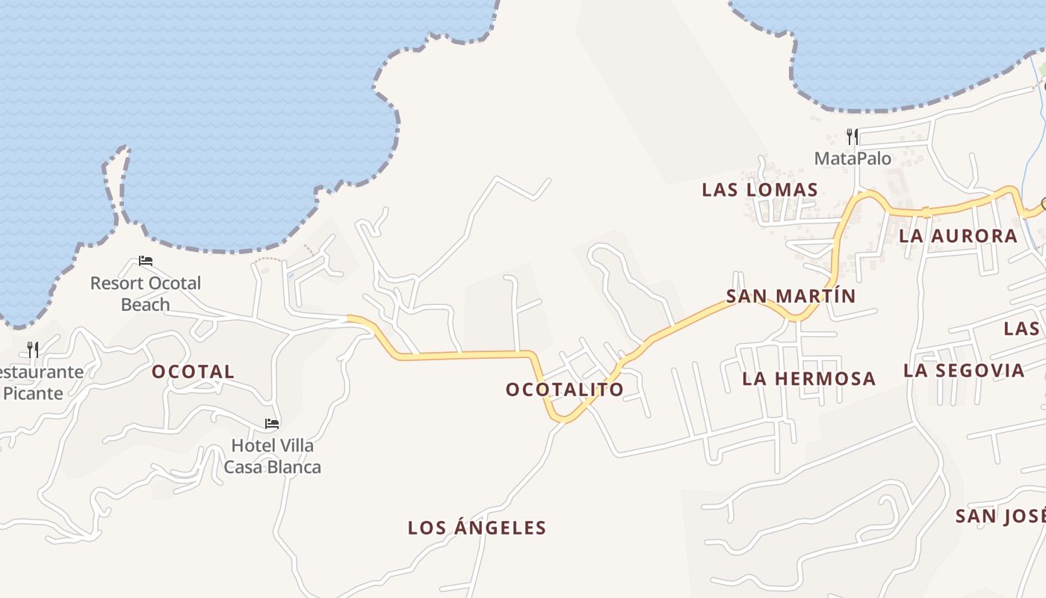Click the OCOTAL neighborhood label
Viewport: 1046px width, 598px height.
click(x=193, y=372)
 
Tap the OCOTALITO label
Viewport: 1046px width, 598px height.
click(x=564, y=389)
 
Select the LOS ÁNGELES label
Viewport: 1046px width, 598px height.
click(x=477, y=528)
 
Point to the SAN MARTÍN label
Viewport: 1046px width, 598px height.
click(x=790, y=296)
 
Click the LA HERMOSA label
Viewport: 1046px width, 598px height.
click(x=808, y=378)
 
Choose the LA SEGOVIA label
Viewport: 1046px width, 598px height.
click(x=963, y=370)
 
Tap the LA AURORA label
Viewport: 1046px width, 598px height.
click(x=958, y=236)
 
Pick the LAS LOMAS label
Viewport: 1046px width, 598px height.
click(x=760, y=190)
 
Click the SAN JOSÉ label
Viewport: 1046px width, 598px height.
click(x=1000, y=516)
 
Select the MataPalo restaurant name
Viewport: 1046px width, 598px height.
click(x=852, y=158)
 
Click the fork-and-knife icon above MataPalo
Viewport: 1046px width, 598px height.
click(x=852, y=136)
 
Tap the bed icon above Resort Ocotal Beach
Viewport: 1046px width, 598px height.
click(x=146, y=261)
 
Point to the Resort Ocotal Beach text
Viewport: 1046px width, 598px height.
click(x=146, y=294)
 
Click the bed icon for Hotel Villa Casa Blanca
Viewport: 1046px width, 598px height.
click(x=272, y=424)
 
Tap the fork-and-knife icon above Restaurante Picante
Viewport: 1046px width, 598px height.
click(x=33, y=349)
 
